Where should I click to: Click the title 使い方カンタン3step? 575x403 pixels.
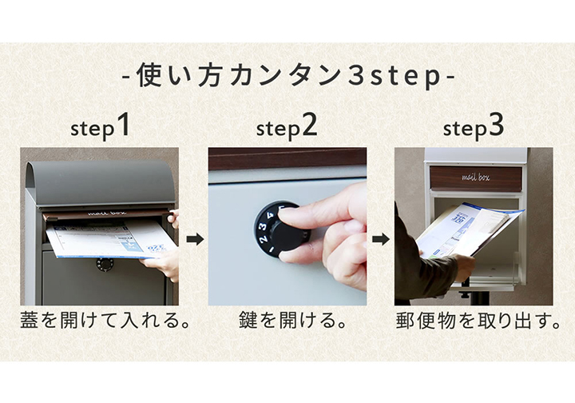click(288, 78)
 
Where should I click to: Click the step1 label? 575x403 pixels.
click(100, 127)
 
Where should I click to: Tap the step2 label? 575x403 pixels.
click(287, 127)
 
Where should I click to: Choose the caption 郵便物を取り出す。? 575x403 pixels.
click(474, 323)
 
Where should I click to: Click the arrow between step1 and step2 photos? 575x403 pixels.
click(193, 238)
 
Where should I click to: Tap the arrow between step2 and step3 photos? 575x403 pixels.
click(381, 238)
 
